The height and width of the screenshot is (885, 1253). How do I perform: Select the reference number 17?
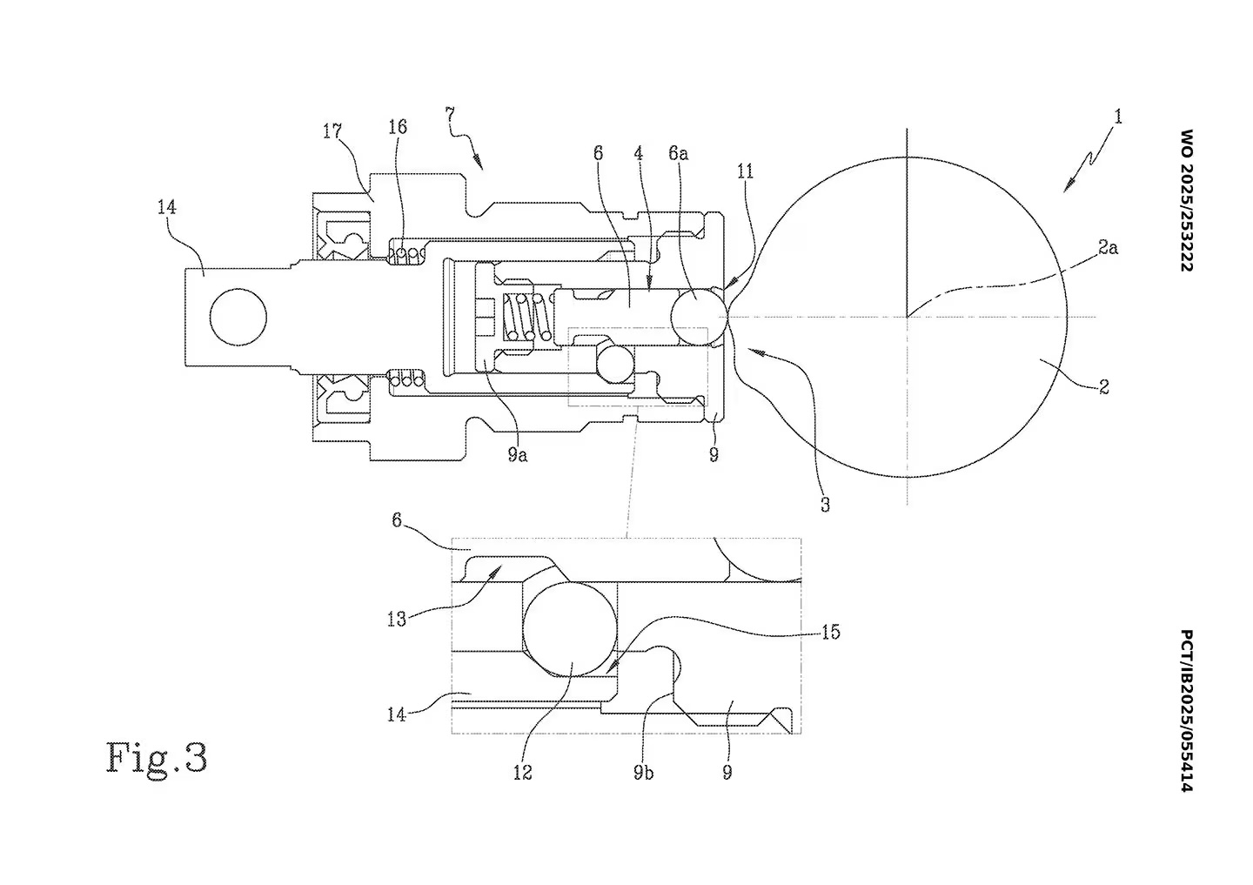click(x=332, y=131)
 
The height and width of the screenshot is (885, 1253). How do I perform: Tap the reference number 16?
click(x=397, y=127)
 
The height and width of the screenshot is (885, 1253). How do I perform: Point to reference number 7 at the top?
click(x=449, y=114)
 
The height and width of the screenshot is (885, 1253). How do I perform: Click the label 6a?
click(x=679, y=153)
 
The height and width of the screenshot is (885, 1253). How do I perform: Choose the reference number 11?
click(x=745, y=171)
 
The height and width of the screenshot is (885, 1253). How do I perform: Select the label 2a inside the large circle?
click(x=1108, y=248)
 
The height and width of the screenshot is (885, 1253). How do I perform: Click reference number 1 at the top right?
click(x=1118, y=116)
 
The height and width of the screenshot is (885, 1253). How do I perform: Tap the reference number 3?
click(x=824, y=505)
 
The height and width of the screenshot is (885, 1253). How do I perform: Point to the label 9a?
click(x=518, y=453)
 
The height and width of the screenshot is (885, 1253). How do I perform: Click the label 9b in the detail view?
click(x=643, y=772)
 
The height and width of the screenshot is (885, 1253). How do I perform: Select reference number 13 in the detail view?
click(x=397, y=619)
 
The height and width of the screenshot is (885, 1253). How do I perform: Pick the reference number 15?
click(x=830, y=632)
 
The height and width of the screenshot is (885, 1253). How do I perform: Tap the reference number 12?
click(x=522, y=772)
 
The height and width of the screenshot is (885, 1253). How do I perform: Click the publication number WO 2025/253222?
click(x=1184, y=199)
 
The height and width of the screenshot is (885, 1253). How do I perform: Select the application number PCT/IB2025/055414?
click(x=1184, y=711)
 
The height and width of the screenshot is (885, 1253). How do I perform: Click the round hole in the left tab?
click(x=238, y=317)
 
